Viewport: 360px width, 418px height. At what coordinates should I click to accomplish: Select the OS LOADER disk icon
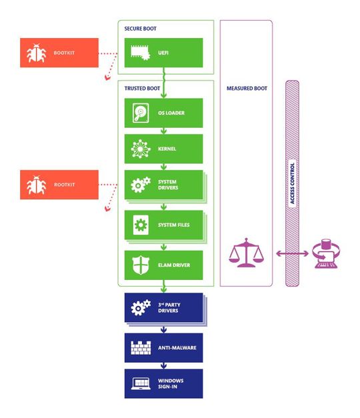click(139, 113)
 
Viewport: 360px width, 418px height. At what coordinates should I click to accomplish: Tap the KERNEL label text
click(167, 149)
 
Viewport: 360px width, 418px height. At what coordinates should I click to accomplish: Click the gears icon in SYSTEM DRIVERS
click(139, 185)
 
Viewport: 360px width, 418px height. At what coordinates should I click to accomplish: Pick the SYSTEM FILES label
click(173, 225)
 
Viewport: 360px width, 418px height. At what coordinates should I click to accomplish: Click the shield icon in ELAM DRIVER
click(139, 265)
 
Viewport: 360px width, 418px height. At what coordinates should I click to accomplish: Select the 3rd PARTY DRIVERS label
click(171, 309)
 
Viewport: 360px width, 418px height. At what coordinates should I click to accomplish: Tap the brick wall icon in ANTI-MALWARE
click(139, 347)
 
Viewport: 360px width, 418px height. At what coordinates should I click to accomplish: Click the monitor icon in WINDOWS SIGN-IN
click(139, 384)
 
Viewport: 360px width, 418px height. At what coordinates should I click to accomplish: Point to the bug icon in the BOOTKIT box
click(37, 53)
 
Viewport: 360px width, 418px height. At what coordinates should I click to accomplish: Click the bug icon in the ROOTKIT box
click(37, 185)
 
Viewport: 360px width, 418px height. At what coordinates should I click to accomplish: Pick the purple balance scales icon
click(246, 254)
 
